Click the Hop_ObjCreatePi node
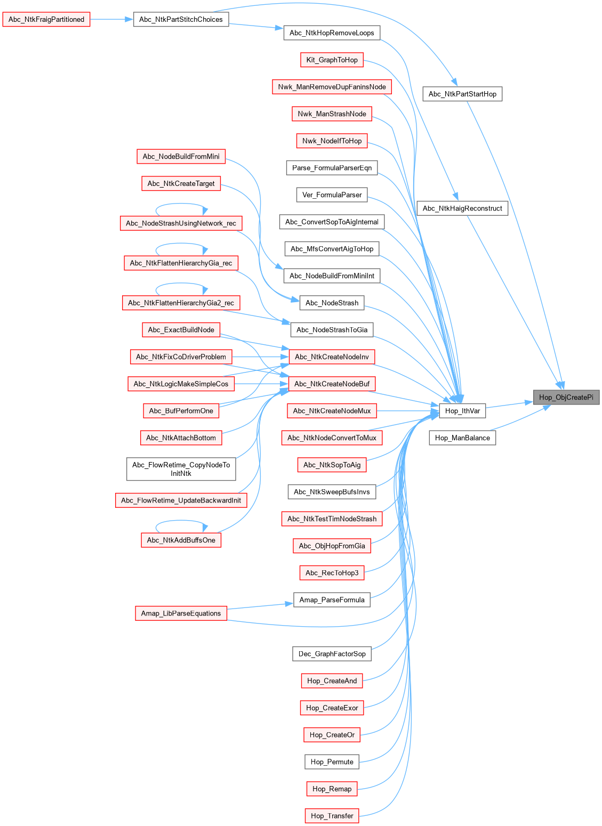point(566,397)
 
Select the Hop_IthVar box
point(462,411)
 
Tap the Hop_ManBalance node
point(462,438)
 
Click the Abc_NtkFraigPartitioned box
point(46,20)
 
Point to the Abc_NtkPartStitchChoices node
point(181,20)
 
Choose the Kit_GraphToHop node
point(332,60)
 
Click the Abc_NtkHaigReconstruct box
point(462,208)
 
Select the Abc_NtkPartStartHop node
point(462,94)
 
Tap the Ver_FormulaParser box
point(332,195)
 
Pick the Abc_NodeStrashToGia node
point(332,330)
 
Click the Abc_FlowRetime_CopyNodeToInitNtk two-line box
point(181,469)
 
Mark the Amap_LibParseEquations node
point(181,613)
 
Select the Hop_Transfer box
point(332,816)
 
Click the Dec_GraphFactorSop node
point(332,654)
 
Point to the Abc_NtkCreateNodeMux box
point(332,411)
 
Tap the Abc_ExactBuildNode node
point(181,330)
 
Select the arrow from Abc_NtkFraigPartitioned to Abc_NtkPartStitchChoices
point(111,20)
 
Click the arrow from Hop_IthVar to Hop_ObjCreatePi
point(509,404)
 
